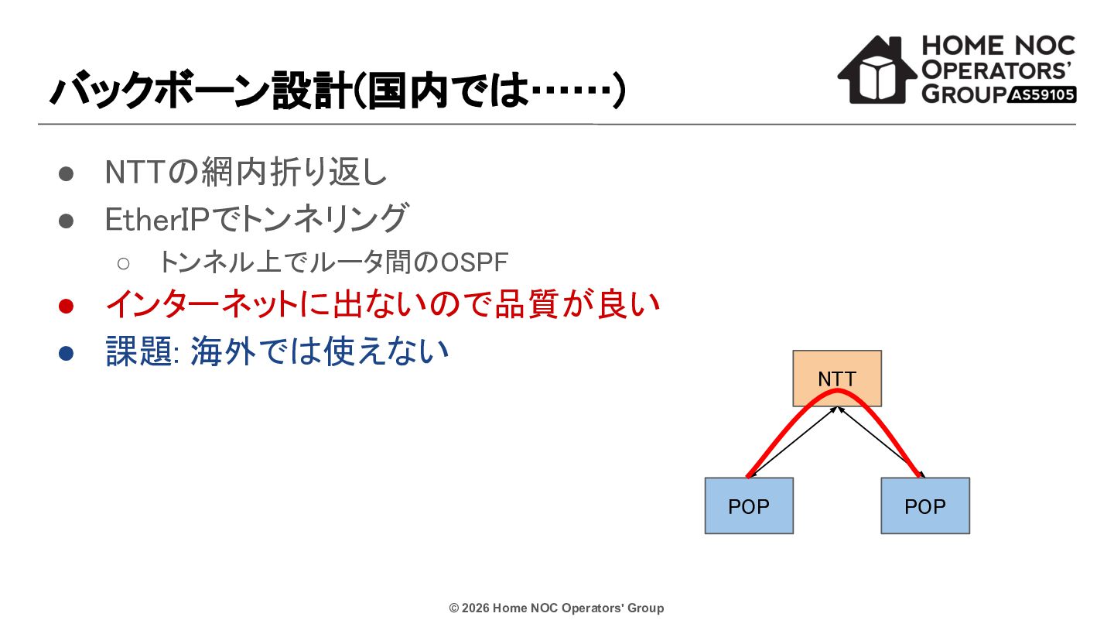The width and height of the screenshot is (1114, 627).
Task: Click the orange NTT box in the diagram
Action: (837, 379)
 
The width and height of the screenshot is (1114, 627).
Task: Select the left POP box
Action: (749, 505)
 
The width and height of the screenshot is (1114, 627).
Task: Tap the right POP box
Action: (925, 505)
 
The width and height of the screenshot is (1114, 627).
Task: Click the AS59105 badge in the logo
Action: (1042, 94)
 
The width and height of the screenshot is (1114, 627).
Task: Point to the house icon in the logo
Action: (877, 70)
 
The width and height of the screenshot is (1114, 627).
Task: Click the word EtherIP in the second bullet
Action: (158, 219)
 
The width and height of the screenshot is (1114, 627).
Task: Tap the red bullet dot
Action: (67, 306)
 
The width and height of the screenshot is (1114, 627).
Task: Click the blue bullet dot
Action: (67, 353)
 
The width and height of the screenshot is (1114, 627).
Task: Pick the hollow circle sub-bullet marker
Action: (123, 263)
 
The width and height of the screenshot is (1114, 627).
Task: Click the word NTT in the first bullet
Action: (135, 172)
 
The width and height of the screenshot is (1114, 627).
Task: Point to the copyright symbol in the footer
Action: (454, 608)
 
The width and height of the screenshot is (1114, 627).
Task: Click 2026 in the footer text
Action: (476, 608)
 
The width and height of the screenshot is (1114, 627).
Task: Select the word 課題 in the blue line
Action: (139, 351)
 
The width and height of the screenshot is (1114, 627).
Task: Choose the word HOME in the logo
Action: (963, 46)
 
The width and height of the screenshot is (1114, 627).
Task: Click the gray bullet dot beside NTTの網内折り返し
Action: (67, 173)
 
